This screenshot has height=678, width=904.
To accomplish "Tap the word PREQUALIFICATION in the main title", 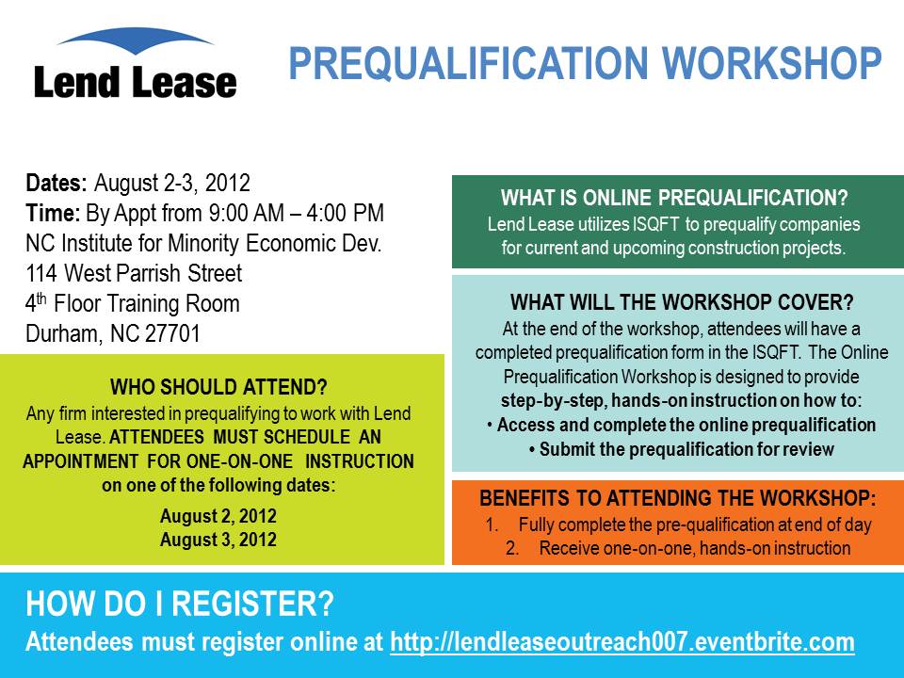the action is (468, 63).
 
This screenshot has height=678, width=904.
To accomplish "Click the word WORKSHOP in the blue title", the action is (772, 63).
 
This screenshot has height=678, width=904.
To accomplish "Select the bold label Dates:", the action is (56, 183).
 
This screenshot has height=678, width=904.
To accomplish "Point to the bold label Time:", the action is (53, 213).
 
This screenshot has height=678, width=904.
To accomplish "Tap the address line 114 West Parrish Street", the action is (134, 273).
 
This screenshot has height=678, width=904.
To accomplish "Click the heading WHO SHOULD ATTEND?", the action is (218, 386).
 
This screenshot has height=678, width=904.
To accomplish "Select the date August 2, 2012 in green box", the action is (218, 516).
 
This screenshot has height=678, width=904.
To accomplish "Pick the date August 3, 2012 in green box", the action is (218, 540).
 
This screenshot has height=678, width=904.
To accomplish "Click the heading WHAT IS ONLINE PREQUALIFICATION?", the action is (674, 198).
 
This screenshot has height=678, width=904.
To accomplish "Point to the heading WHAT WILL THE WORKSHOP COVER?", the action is (682, 302).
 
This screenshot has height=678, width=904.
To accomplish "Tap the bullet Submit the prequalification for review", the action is (682, 450).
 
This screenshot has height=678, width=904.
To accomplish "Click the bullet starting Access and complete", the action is (682, 426).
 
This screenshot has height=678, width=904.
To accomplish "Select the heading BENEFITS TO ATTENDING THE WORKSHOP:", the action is (678, 499).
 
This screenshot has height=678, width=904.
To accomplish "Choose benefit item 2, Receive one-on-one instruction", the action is (678, 548).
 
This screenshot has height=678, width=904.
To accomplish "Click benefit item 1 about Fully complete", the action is (678, 525).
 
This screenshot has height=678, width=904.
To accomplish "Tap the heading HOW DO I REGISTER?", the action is (180, 604).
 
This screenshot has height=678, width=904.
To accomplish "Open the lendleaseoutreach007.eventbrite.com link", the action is (622, 642).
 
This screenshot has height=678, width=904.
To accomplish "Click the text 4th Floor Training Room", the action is (133, 303).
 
